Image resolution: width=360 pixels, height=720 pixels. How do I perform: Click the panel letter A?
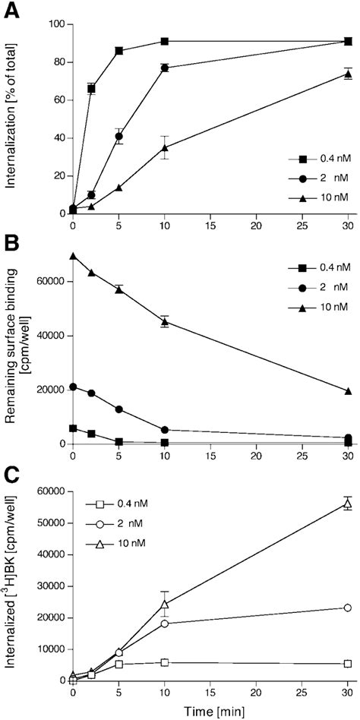point(11,11)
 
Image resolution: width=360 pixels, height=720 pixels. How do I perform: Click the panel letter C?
point(11,474)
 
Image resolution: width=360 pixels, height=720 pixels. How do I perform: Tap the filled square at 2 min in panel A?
point(91,89)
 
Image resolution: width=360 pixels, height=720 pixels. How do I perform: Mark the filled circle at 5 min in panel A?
point(118,137)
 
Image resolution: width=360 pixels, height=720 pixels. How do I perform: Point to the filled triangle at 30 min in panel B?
point(347,391)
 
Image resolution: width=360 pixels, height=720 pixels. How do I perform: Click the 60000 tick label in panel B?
point(47,281)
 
